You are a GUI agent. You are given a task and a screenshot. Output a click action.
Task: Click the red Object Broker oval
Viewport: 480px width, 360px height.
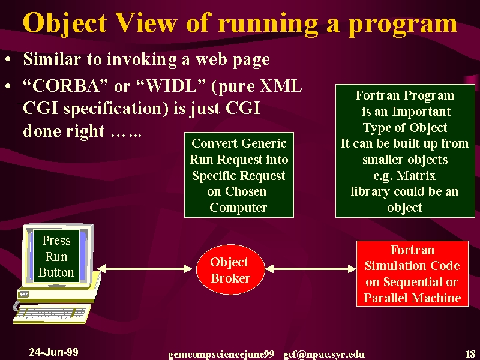coord(230,269)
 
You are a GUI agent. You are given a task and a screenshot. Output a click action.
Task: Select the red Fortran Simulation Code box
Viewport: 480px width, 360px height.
coord(412,274)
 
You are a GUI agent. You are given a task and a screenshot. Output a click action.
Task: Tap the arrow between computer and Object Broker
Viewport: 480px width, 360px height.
coord(145,269)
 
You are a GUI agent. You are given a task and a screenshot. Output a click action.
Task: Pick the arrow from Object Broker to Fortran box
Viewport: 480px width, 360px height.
coord(311,269)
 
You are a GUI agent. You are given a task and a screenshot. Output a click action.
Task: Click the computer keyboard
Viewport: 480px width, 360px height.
coord(52,313)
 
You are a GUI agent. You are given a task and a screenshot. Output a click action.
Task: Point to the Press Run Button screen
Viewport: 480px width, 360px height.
coord(56,256)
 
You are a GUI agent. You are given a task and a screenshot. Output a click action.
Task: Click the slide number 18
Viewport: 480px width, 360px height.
coord(470,354)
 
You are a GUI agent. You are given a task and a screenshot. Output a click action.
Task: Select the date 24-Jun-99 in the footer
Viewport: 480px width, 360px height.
coord(53,352)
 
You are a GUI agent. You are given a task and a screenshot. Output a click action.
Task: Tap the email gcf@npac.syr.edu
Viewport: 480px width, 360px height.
coord(324,355)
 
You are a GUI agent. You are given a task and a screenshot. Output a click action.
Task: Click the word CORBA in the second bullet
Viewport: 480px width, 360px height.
coord(66,86)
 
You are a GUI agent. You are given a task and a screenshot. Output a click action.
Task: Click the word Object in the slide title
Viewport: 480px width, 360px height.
coord(65,23)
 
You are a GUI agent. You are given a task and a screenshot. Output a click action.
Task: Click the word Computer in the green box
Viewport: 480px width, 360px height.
coord(238,208)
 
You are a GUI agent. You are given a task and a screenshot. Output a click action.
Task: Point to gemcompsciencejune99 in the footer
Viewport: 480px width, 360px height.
coord(221,355)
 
